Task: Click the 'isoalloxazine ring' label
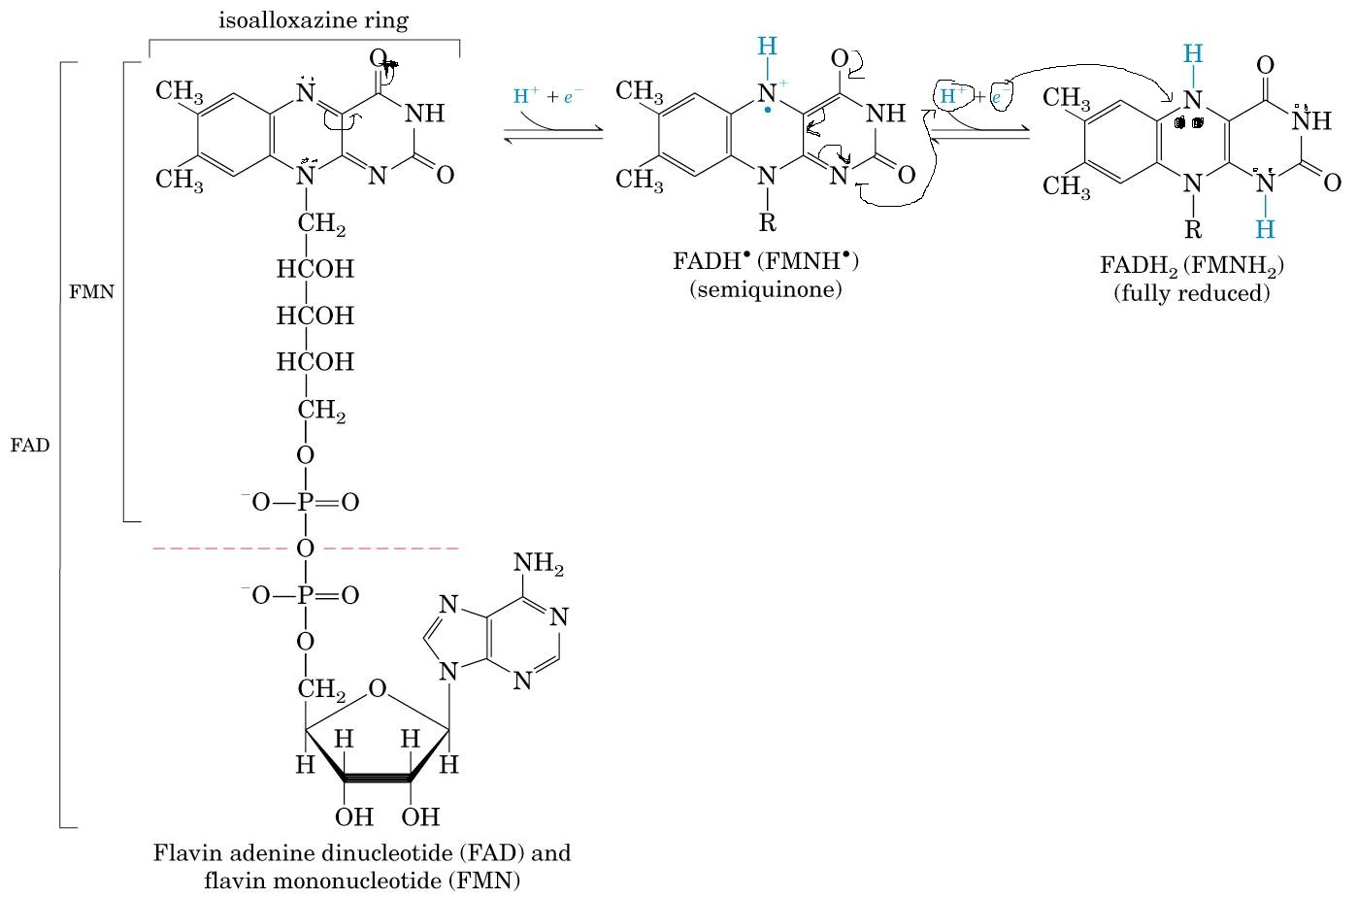click(x=305, y=20)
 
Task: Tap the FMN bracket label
click(x=91, y=291)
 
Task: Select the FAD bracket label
click(x=29, y=446)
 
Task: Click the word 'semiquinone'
click(x=766, y=288)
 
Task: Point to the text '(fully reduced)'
click(x=1191, y=292)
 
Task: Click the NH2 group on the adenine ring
click(x=538, y=564)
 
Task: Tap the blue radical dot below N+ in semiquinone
click(x=768, y=112)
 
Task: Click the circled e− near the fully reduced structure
click(x=999, y=96)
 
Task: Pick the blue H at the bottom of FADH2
click(x=1265, y=229)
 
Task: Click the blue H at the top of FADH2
click(x=1194, y=52)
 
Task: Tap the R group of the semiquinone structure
click(x=767, y=223)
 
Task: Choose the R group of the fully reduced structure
click(x=1193, y=230)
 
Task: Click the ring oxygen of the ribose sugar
click(x=378, y=689)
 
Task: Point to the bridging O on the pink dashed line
click(x=305, y=549)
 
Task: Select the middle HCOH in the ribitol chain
click(x=315, y=316)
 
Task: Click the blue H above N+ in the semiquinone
click(x=767, y=46)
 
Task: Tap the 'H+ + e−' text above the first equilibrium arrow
click(x=547, y=96)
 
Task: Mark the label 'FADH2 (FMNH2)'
click(x=1191, y=266)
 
